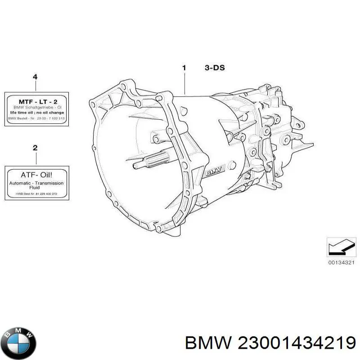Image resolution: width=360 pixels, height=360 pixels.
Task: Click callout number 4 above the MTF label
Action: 36,77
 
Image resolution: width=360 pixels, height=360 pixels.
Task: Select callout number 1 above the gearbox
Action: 184,68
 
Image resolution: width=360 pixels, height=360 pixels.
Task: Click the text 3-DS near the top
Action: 215,68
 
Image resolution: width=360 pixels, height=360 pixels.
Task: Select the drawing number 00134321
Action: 342,262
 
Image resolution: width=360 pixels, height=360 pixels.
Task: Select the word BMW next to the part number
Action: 207,343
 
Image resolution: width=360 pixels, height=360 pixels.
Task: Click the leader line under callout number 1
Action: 184,83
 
